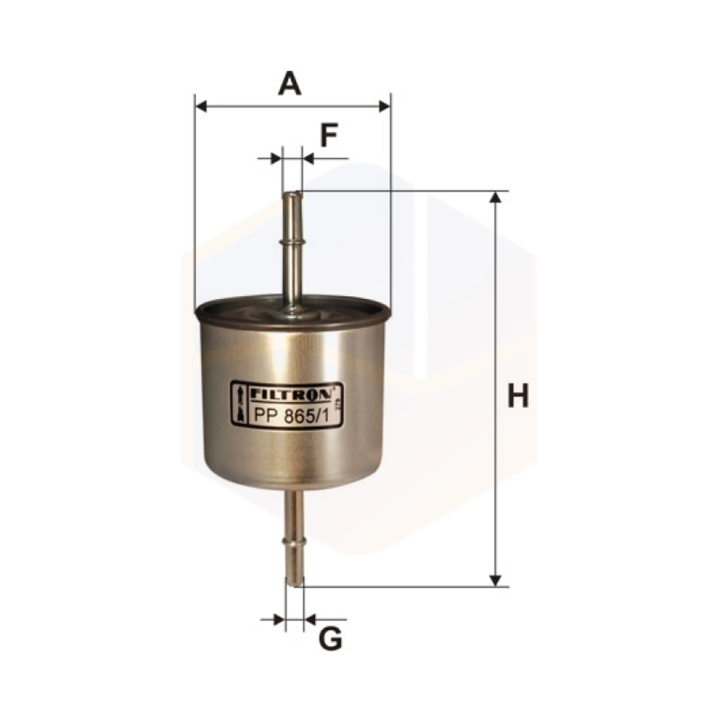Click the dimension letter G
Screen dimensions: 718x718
[x=330, y=639]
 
